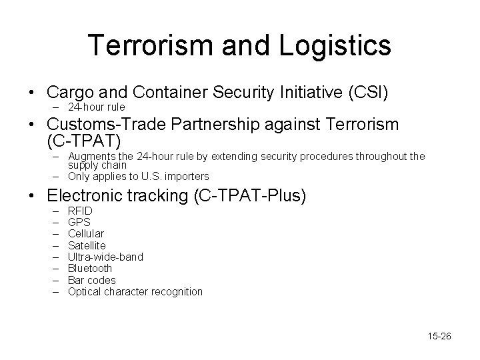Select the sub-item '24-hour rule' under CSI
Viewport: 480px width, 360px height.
click(x=96, y=107)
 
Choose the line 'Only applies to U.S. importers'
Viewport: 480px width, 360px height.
click(x=138, y=176)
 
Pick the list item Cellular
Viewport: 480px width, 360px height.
click(x=86, y=234)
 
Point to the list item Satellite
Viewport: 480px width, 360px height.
click(x=87, y=245)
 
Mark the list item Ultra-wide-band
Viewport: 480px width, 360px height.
click(x=105, y=257)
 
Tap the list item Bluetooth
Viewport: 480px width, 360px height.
click(x=90, y=268)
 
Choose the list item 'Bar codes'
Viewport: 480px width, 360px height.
click(x=91, y=280)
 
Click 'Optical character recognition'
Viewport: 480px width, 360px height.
click(x=135, y=291)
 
